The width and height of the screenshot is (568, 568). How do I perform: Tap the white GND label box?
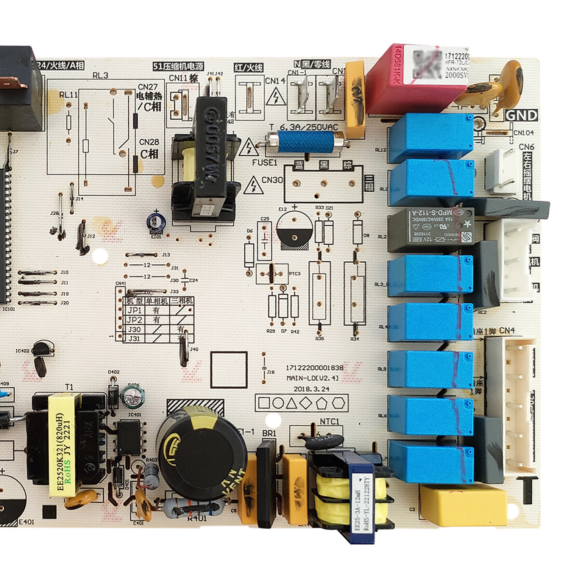[521, 115]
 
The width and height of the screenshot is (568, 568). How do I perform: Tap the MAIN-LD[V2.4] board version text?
[312, 378]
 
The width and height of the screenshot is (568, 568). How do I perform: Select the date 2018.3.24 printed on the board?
[311, 389]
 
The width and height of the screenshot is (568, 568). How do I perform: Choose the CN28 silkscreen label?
[149, 142]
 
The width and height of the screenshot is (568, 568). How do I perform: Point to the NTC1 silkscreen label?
[329, 421]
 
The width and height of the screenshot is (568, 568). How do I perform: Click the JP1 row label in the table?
[134, 310]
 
